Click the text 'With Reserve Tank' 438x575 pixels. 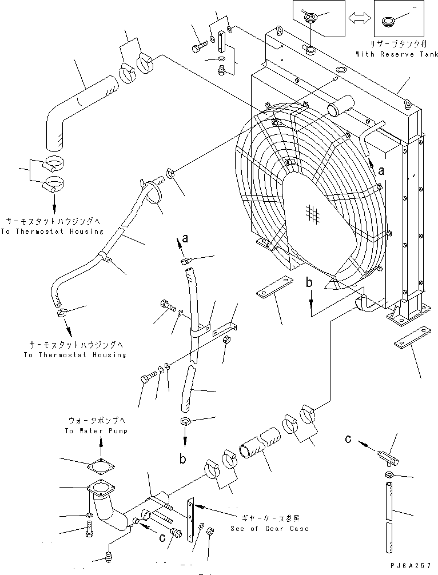coord(397,54)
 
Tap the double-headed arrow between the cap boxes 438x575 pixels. coord(359,17)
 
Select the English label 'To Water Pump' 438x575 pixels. coord(96,431)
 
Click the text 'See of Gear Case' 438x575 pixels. coord(270,529)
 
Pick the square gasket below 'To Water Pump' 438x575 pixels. coord(101,466)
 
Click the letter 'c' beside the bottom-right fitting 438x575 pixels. coord(348,438)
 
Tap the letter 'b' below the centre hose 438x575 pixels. coord(182,458)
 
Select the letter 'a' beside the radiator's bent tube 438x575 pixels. coord(381,171)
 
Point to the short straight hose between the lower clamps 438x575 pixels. coord(260,442)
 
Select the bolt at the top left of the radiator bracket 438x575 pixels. coord(200,46)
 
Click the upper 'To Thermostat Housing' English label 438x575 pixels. coord(52,231)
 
